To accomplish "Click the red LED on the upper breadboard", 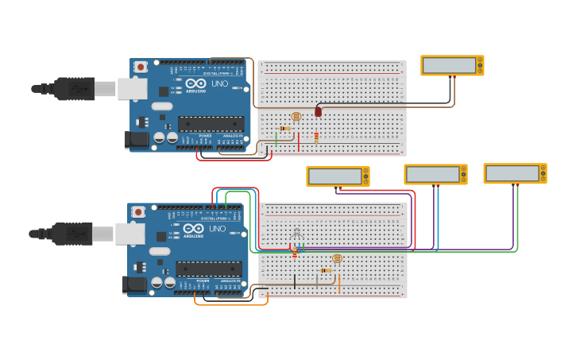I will coord(319,112).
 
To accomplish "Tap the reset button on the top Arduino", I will coord(141,67).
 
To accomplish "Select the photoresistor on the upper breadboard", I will coord(296,117).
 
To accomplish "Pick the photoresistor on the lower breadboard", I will coord(337,258).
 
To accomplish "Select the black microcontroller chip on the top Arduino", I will coord(211,123).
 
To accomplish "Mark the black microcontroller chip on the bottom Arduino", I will coord(208,269).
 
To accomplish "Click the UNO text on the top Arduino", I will coord(219,83).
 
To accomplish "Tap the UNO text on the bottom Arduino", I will coord(217,229).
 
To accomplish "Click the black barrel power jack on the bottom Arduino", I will coord(134,285).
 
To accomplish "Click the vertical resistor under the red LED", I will coord(316,137).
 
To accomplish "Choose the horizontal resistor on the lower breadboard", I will coord(325,271).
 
